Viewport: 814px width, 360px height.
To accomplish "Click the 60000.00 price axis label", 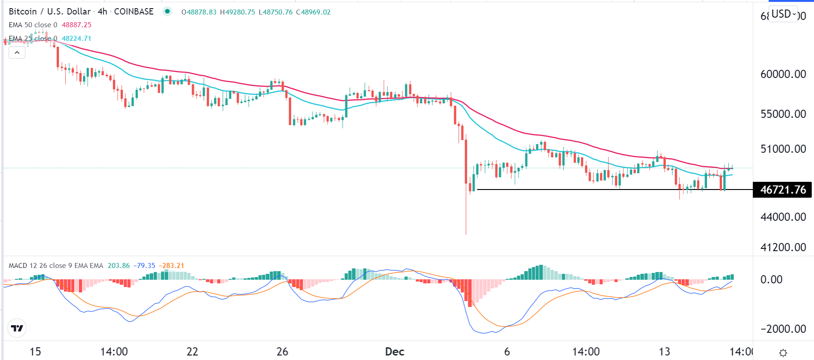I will [x=783, y=74].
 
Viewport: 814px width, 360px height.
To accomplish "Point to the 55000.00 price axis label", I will [x=783, y=114].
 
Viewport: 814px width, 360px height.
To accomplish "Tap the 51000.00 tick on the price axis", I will [x=783, y=149].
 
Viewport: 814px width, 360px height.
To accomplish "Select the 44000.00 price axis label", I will [x=783, y=217].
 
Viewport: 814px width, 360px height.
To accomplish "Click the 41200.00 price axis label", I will [x=783, y=247].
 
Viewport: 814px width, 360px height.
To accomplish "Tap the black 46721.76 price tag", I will [x=783, y=190].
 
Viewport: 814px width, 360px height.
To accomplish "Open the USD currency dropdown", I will [x=784, y=14].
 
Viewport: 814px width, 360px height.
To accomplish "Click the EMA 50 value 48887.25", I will [x=77, y=25].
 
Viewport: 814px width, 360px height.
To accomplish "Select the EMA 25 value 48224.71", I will [x=77, y=39].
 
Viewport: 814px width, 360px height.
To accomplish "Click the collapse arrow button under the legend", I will [x=17, y=53].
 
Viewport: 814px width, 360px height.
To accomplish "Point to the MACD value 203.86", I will [x=119, y=266].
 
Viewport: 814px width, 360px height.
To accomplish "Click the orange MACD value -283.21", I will [x=172, y=266].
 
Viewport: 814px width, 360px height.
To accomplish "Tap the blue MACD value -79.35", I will [x=145, y=266].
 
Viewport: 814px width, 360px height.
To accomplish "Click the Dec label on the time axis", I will [x=394, y=352].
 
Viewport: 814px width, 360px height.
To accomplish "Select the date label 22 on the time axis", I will [x=193, y=352].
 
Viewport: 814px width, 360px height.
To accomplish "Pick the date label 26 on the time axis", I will [x=282, y=352].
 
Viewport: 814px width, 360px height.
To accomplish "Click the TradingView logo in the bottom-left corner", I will [x=17, y=328].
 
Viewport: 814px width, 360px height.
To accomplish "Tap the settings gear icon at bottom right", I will [x=783, y=353].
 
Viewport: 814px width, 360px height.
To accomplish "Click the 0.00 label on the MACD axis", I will [x=771, y=280].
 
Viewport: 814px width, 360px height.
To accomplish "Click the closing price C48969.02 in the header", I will [x=313, y=12].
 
